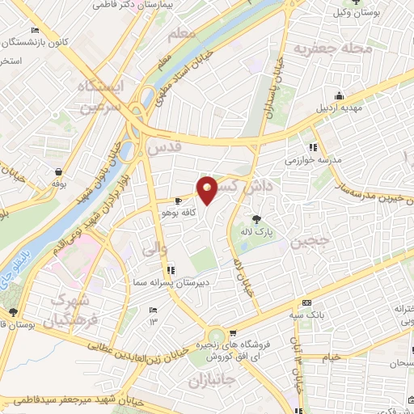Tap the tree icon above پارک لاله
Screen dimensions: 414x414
click(x=256, y=219)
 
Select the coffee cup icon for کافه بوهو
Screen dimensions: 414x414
click(x=180, y=200)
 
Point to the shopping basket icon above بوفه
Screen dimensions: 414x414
click(x=61, y=171)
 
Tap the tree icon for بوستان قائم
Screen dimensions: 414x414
click(x=11, y=312)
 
